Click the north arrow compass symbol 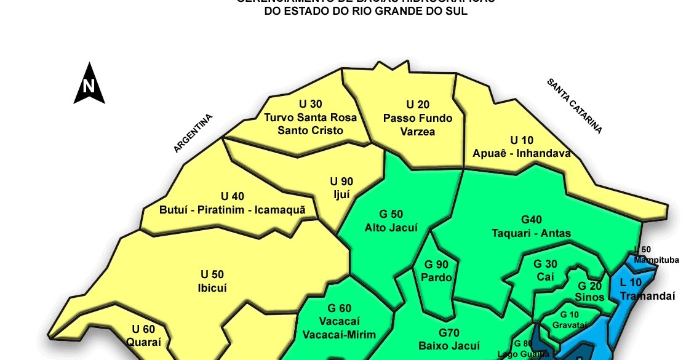pyautogui.click(x=89, y=84)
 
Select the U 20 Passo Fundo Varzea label pyautogui.click(x=417, y=118)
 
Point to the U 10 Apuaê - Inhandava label pyautogui.click(x=522, y=146)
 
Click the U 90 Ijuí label pyautogui.click(x=341, y=187)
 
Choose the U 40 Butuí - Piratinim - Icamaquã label pyautogui.click(x=232, y=203)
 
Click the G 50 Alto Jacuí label pyautogui.click(x=391, y=221)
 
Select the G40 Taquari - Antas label pyautogui.click(x=531, y=226)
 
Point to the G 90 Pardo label pyautogui.click(x=436, y=271)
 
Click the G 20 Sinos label pyautogui.click(x=589, y=292)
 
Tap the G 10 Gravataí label pyautogui.click(x=565, y=319)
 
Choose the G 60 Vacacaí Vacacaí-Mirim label pyautogui.click(x=339, y=321)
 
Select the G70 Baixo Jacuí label pyautogui.click(x=449, y=339)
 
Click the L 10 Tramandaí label pyautogui.click(x=643, y=289)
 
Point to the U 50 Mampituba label pyautogui.click(x=656, y=255)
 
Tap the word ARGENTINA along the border pyautogui.click(x=193, y=134)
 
